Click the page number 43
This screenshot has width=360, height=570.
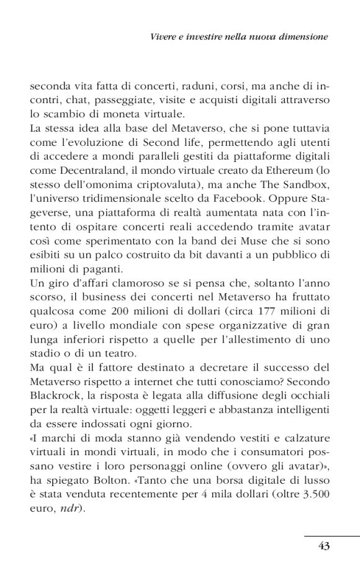coord(323,546)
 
